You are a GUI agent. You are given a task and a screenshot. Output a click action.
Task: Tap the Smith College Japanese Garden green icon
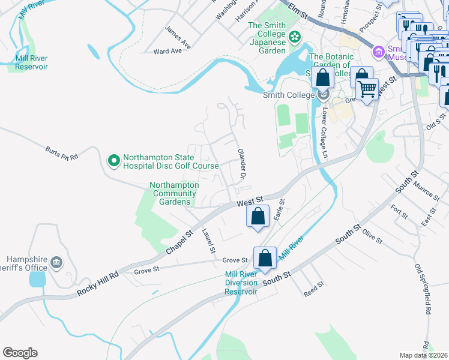[294, 38]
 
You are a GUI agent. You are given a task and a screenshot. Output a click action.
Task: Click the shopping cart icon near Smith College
[367, 89]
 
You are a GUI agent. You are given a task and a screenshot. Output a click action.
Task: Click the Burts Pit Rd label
[62, 154]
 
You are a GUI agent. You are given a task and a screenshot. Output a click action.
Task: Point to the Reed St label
[314, 289]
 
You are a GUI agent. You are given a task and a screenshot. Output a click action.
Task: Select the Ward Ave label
[167, 52]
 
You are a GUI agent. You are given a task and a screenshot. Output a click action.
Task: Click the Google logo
[20, 353]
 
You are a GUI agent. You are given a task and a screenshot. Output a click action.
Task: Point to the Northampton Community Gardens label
[174, 193]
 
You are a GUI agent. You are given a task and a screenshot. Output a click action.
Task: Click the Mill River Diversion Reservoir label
[241, 283]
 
